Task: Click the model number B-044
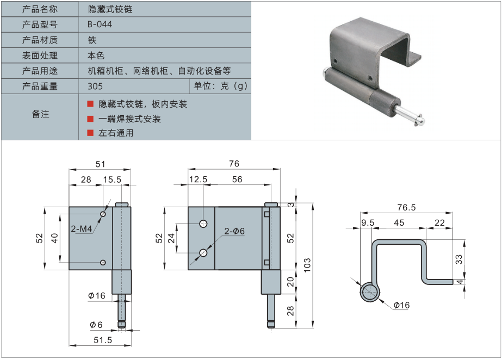[100, 24]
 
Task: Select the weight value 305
[95, 86]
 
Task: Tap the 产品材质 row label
[40, 40]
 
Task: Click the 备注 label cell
[40, 114]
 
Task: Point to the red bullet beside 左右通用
[90, 133]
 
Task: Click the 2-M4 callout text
[83, 229]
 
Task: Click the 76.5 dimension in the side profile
[406, 207]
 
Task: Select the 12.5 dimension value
[199, 179]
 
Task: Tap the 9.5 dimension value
[368, 222]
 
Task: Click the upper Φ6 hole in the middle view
[203, 224]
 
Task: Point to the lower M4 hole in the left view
[102, 263]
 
